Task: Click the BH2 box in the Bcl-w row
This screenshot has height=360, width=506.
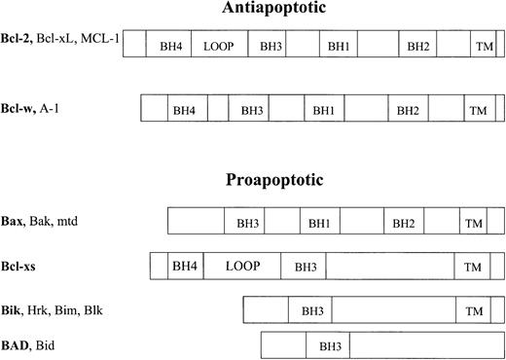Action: (x=407, y=110)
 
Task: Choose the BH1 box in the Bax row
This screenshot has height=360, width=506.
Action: (x=319, y=223)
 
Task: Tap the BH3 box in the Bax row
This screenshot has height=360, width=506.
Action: (x=247, y=223)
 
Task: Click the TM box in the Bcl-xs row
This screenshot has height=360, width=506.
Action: (x=474, y=266)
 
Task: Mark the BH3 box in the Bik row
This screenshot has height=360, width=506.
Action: (x=312, y=310)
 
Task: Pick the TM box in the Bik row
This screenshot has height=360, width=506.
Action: (x=474, y=310)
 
